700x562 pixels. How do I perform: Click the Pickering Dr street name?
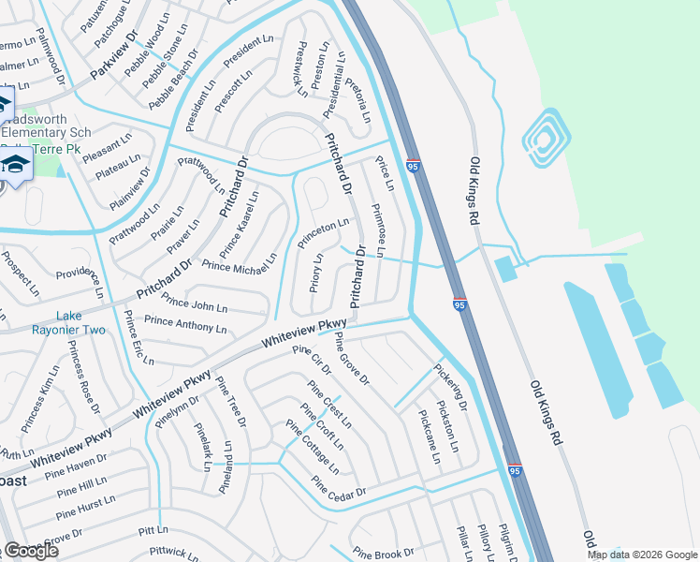pos(448,383)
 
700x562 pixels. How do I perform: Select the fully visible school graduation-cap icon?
pos(15,166)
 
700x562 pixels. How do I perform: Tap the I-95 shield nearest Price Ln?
pos(413,167)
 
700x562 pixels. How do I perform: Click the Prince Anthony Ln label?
pos(185,325)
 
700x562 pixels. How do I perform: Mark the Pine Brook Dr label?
pos(383,554)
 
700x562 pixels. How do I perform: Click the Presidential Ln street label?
pos(334,84)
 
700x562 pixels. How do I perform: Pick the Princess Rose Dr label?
pos(82,377)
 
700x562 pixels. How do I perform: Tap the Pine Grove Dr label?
pos(352,359)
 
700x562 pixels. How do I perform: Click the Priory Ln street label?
pos(316,272)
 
